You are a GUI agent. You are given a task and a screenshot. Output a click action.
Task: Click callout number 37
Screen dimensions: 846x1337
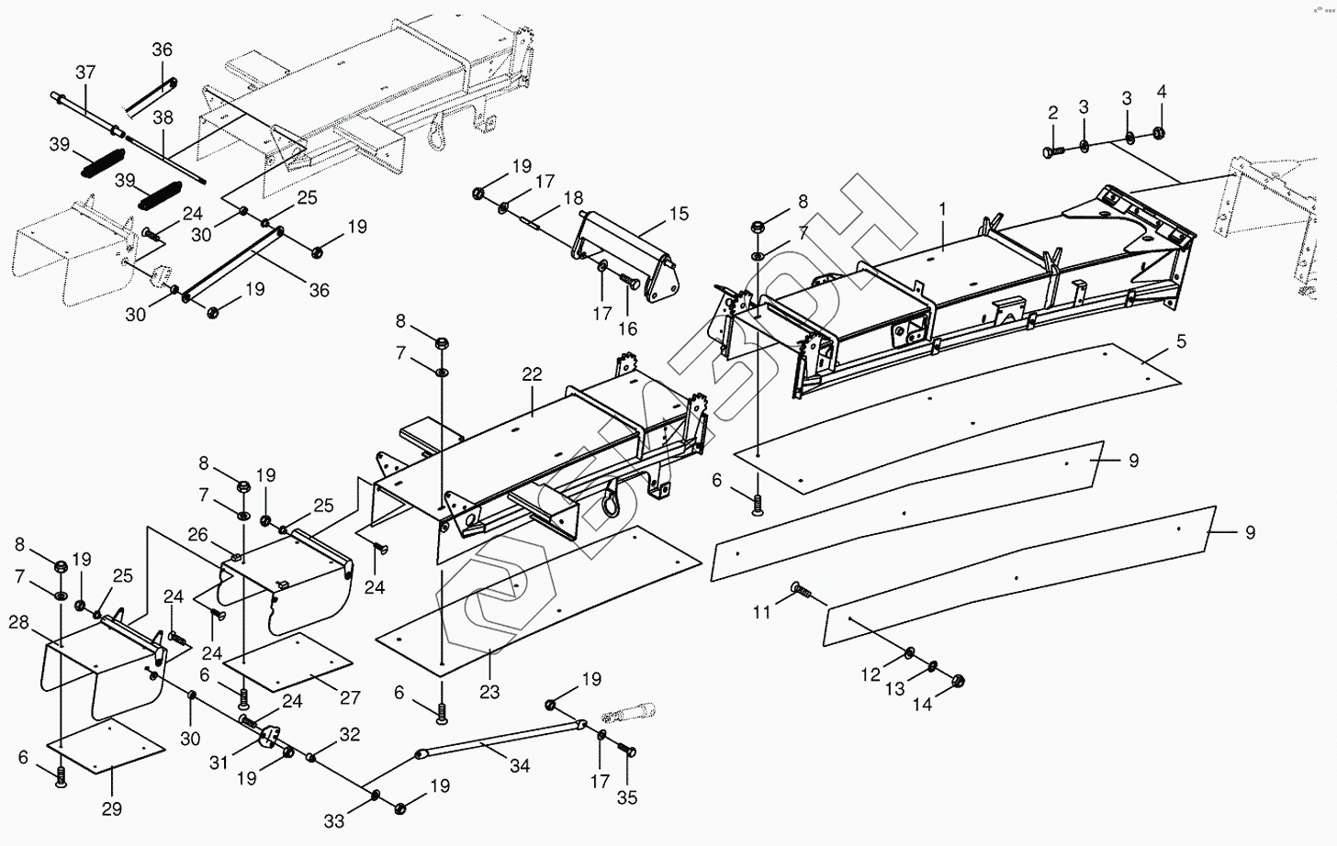tap(85, 72)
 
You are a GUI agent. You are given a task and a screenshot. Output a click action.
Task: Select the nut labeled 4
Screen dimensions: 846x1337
tap(1158, 133)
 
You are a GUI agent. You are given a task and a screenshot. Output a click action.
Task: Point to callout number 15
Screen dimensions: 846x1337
tap(679, 214)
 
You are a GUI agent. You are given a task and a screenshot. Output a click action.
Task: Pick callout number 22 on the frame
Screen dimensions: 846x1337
tap(533, 374)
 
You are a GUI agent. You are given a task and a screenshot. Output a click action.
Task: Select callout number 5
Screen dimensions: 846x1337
tap(1181, 341)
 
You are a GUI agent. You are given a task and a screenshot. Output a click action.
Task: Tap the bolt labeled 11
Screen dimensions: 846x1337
tap(797, 590)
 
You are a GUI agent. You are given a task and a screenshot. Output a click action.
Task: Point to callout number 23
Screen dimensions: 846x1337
tap(489, 692)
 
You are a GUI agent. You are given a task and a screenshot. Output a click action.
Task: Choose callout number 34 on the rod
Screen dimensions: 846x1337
tap(519, 765)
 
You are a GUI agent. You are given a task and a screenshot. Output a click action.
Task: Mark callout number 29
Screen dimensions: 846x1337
tap(112, 809)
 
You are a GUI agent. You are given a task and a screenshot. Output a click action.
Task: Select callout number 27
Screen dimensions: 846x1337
tap(350, 698)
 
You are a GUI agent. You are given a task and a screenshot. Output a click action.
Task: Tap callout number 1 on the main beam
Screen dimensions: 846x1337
tap(942, 209)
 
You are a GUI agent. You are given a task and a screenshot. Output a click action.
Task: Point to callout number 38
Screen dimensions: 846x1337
tap(163, 117)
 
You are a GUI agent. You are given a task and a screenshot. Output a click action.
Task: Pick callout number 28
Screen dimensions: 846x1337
tap(18, 623)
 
